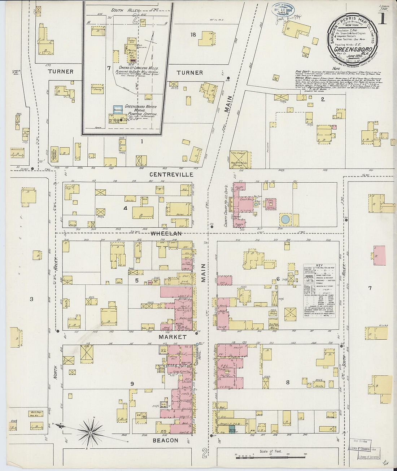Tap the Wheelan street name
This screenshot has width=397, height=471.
click(166, 234)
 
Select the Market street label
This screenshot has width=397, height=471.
click(173, 337)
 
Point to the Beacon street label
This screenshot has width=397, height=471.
click(165, 440)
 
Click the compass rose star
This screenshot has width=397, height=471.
click(91, 431)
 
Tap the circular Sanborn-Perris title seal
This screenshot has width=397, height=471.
click(353, 39)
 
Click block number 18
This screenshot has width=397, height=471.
click(193, 35)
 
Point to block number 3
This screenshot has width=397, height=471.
click(31, 299)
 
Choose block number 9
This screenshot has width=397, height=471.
click(132, 384)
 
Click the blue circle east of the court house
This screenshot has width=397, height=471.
click(285, 219)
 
